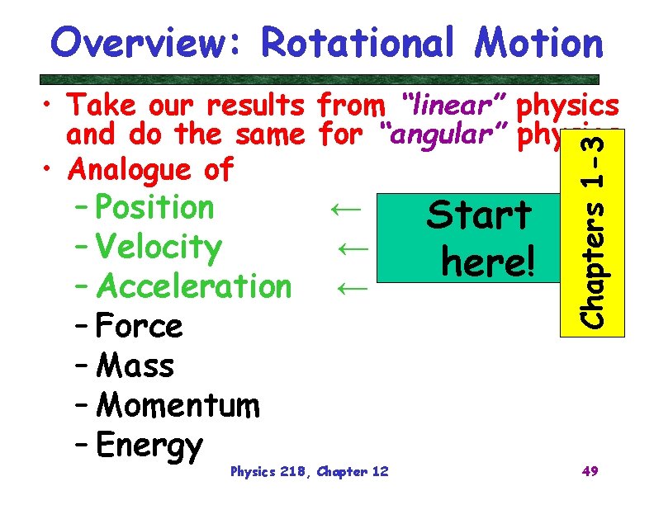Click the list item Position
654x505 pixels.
point(154,207)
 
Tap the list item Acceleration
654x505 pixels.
point(194,286)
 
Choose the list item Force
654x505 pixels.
point(139,326)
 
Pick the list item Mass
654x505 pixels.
point(135,365)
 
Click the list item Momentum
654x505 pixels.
point(178,405)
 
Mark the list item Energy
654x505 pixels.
point(149,445)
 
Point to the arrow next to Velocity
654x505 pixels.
point(353,248)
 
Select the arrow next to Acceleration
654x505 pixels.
point(353,287)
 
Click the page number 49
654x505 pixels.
point(590,471)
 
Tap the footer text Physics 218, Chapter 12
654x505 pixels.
point(310,472)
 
